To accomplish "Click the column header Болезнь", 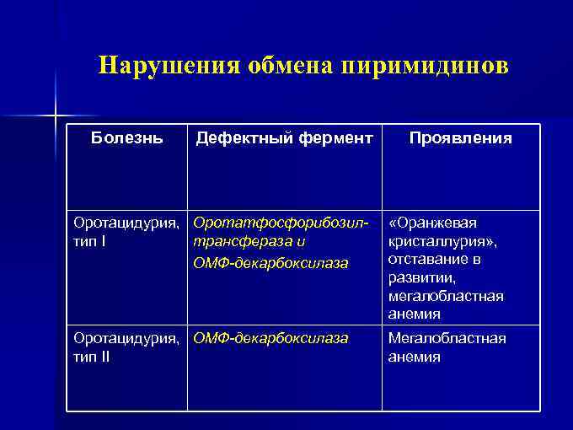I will click(x=126, y=137).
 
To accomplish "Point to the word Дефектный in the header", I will click(x=238, y=137).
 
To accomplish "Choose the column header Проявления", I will click(x=460, y=137).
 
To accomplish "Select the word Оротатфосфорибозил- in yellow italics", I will click(x=281, y=223).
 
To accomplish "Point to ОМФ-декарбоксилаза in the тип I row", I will click(x=270, y=264).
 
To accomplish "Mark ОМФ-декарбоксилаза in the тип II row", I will click(x=270, y=339).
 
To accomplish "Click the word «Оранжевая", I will click(x=431, y=223).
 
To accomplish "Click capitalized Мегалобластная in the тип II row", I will click(x=447, y=339).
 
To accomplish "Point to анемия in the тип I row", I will click(x=414, y=314).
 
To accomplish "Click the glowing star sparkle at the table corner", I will click(x=56, y=114).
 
